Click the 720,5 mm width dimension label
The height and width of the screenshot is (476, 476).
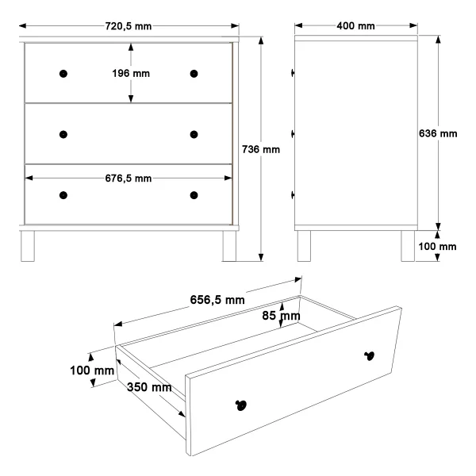click(129, 26)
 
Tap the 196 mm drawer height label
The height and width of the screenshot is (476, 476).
click(131, 74)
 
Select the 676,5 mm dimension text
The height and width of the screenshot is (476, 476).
click(129, 178)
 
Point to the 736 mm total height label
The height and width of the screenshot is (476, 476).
click(261, 149)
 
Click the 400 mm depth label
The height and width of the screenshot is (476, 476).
click(355, 26)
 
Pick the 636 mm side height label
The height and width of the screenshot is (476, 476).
click(438, 133)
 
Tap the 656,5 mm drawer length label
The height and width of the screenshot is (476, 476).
click(217, 300)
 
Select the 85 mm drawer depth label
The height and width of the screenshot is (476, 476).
click(281, 316)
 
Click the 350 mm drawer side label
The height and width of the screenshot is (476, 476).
click(149, 387)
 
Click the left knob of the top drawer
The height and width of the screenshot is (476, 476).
click(63, 74)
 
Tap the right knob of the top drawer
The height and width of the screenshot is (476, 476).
click(194, 74)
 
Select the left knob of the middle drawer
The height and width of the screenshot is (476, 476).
click(63, 135)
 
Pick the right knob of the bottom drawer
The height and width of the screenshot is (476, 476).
click(194, 195)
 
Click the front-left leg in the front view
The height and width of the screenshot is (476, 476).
click(28, 246)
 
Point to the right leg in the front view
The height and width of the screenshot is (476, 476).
click(229, 246)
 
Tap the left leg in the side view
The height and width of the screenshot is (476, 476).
click(304, 246)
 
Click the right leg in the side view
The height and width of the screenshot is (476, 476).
click(408, 246)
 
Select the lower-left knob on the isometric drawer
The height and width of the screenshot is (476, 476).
click(241, 405)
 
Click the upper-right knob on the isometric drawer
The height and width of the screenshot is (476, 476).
click(369, 355)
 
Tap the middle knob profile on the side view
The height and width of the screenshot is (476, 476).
click(293, 134)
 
